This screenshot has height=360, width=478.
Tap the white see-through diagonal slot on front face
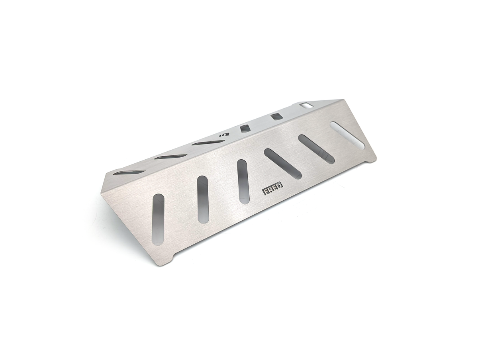coord(347,136)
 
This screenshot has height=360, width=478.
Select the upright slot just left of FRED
coord(244,181)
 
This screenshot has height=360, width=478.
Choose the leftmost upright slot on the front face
coord(158,220)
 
